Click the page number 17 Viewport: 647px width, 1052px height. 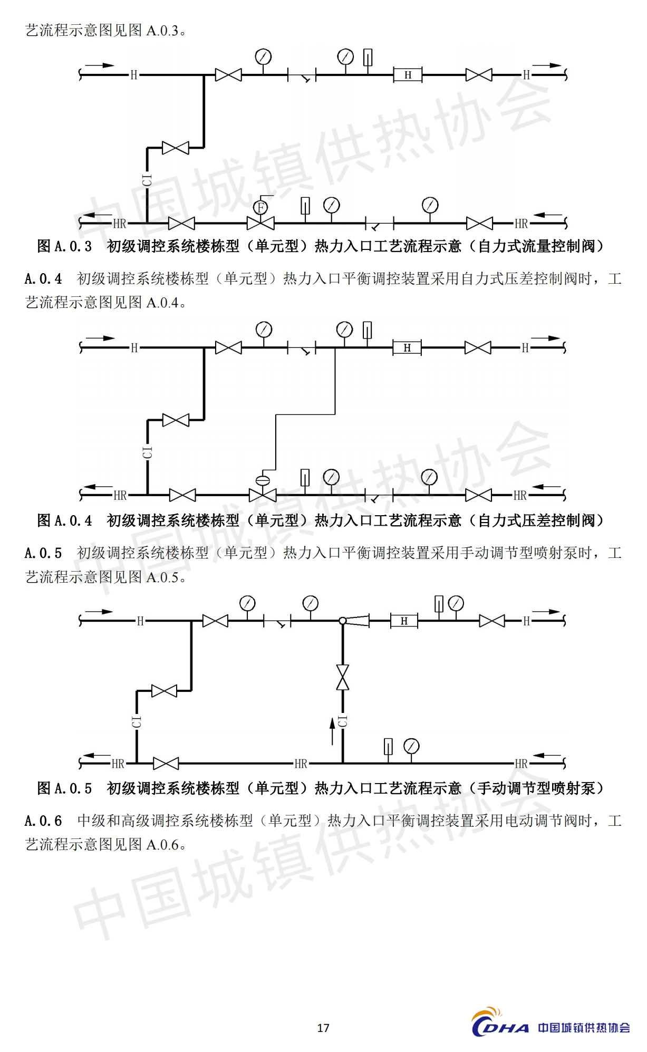[x=323, y=1027]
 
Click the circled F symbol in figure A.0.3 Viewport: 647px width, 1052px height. [x=260, y=207]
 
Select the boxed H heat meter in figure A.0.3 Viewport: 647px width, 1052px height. [x=408, y=75]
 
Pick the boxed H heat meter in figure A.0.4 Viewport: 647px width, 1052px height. [x=407, y=348]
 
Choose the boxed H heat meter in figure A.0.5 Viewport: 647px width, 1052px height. [x=404, y=621]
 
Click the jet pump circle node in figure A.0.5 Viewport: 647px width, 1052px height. [x=343, y=621]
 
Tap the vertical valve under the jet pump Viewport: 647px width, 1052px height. [x=343, y=678]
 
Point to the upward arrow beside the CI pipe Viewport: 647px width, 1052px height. [x=332, y=730]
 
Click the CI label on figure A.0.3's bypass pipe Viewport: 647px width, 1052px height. [x=147, y=180]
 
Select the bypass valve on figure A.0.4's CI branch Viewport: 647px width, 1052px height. [x=176, y=420]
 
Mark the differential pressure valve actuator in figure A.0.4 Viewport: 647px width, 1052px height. [x=262, y=480]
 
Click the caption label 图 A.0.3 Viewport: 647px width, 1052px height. [x=64, y=246]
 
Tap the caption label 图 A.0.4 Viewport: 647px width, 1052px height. [x=64, y=520]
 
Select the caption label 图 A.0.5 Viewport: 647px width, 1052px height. [x=64, y=788]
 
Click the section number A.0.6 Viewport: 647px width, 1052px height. [x=43, y=821]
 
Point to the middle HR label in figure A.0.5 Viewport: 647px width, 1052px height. [x=301, y=764]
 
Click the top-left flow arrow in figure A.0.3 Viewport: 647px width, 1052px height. [x=100, y=65]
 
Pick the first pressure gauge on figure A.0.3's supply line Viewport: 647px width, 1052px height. [x=263, y=56]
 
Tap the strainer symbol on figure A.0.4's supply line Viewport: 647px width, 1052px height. [x=302, y=349]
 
